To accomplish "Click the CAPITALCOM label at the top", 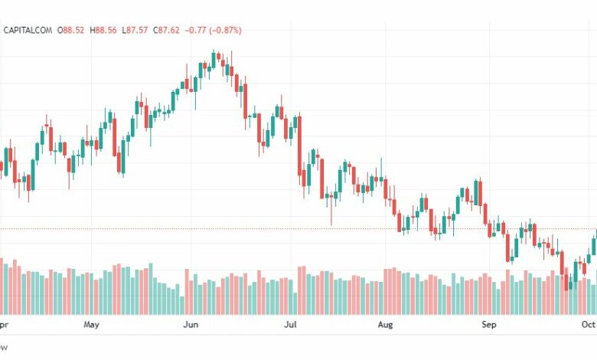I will [29, 30].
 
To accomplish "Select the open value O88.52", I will [73, 30].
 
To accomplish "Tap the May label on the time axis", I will [91, 325].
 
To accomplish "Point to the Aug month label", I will [385, 325].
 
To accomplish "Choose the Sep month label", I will [488, 325].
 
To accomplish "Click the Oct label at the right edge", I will [587, 325].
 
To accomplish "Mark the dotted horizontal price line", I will [230, 229].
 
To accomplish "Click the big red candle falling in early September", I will [508, 247].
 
